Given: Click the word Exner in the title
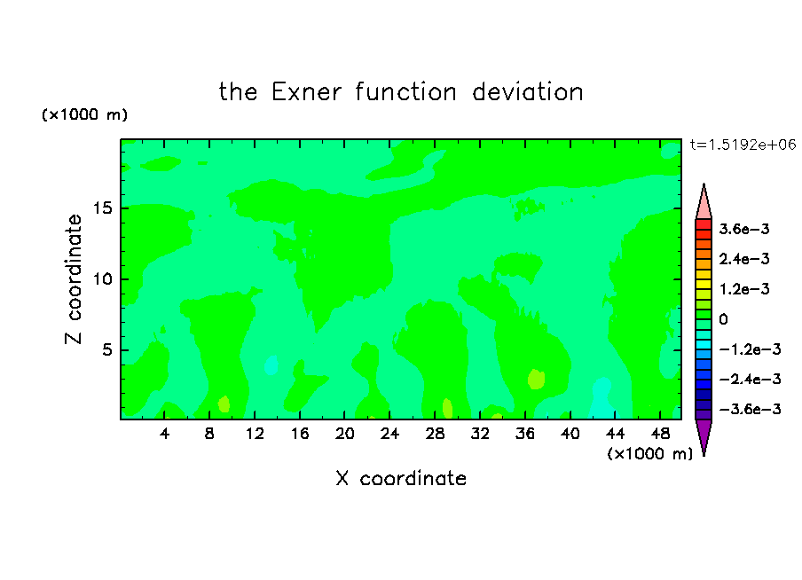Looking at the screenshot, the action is click(306, 92).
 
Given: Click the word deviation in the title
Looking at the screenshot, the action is click(527, 92).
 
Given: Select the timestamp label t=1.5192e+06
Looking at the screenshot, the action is click(743, 145).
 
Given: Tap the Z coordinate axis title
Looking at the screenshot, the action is click(74, 278).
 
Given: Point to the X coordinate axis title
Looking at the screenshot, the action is click(402, 479).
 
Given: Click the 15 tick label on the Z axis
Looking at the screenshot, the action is click(103, 208).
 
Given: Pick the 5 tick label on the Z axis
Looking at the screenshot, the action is click(107, 349).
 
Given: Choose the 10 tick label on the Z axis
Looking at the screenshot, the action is click(103, 278).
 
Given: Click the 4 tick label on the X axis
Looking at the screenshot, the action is click(164, 434).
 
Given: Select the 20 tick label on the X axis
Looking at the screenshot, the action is click(344, 434).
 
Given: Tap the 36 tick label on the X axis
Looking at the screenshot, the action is click(525, 434).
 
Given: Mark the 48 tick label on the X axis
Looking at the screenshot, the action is click(660, 434).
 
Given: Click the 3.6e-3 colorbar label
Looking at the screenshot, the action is click(744, 229).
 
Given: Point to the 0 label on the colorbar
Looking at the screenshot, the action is click(723, 319).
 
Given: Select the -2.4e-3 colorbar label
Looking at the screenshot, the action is click(750, 379).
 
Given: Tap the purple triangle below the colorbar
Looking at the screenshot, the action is click(704, 435).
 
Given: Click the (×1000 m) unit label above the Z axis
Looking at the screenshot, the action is click(84, 114).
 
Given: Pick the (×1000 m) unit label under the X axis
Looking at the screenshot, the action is click(649, 454).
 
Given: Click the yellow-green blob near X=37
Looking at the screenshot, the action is click(536, 379).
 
